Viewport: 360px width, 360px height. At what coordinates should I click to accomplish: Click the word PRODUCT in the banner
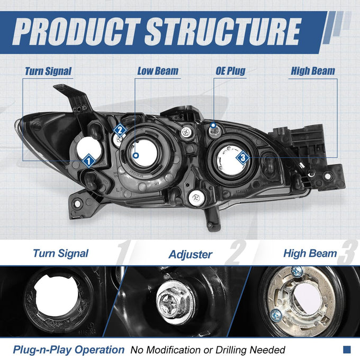76,32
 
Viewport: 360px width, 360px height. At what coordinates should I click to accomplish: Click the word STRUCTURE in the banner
223,32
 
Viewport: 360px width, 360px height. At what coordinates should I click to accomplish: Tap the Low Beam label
158,71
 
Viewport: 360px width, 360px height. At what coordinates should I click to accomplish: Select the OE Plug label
230,71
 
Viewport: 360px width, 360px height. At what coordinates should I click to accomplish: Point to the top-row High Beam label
313,71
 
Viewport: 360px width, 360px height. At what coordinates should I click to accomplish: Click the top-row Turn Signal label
48,71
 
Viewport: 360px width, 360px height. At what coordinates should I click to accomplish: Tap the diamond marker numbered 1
89,161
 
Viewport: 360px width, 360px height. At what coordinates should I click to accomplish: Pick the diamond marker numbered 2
120,131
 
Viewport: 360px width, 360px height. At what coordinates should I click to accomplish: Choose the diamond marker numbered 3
243,158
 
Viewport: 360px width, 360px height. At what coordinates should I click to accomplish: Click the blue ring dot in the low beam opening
136,156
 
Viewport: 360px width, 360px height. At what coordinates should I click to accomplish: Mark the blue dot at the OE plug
213,125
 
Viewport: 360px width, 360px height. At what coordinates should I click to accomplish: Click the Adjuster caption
191,255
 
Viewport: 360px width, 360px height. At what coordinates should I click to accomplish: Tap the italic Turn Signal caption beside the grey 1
60,253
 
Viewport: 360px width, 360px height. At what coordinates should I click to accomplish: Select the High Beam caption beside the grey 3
310,253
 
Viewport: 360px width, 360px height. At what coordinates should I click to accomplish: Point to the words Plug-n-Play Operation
69,349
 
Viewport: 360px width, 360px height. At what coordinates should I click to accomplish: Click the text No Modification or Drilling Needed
208,350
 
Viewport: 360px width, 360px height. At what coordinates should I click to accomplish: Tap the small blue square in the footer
347,349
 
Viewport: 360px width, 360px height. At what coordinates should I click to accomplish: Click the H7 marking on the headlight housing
157,184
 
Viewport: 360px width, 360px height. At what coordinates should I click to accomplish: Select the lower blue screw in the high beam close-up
276,316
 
